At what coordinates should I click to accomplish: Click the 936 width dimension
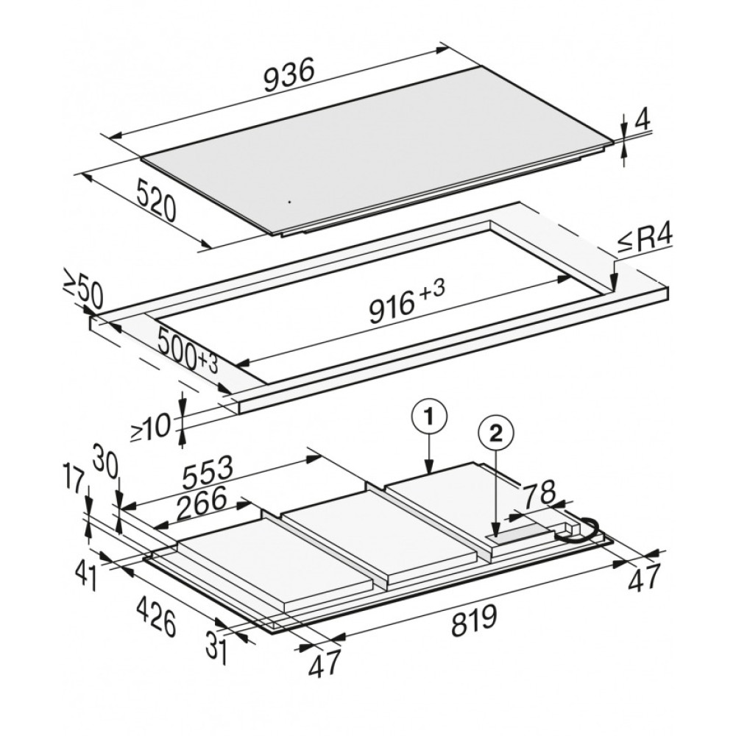pyautogui.click(x=289, y=77)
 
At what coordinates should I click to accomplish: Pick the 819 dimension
pyautogui.click(x=474, y=620)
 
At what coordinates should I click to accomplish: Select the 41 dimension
pyautogui.click(x=87, y=577)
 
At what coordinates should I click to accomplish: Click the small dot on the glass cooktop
pyautogui.click(x=289, y=202)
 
